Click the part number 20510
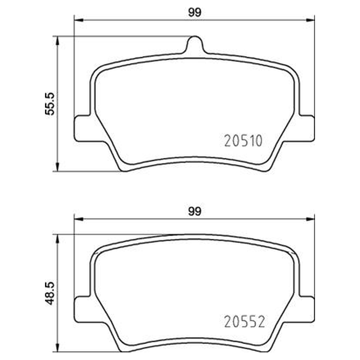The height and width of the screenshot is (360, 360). coord(243,140)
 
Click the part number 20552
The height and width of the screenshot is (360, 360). coord(244,321)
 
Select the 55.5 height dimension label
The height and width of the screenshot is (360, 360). coord(50,103)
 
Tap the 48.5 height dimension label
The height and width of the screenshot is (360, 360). coord(50,293)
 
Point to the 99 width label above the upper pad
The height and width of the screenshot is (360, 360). coord(194,13)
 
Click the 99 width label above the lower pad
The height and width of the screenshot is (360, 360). coord(194,211)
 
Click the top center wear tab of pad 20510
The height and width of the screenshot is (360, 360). coord(195,44)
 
